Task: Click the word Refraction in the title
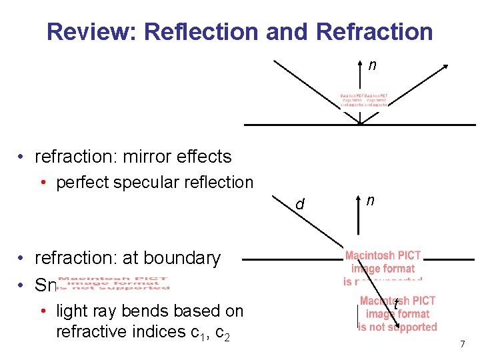(x=375, y=31)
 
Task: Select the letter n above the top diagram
(x=372, y=65)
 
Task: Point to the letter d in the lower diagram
(x=300, y=204)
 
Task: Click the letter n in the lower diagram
(x=370, y=199)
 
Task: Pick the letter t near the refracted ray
(x=395, y=305)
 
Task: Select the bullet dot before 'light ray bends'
(x=43, y=311)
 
